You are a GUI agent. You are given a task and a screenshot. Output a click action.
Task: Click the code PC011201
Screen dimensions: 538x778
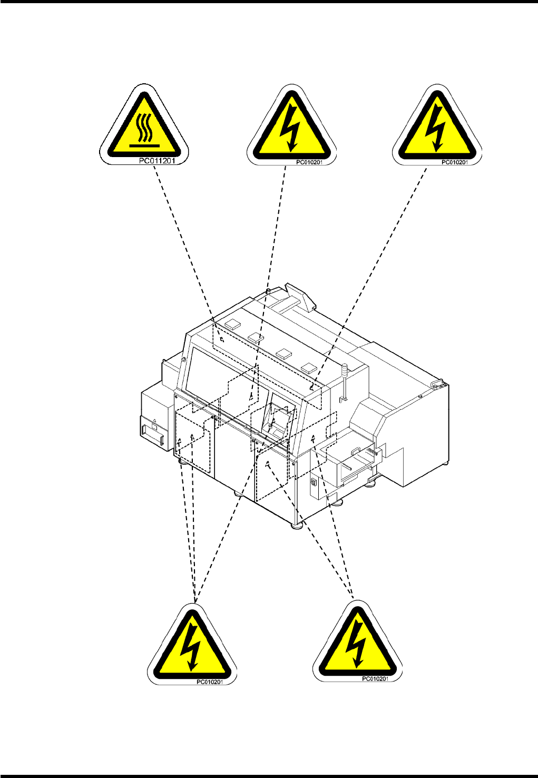(x=156, y=160)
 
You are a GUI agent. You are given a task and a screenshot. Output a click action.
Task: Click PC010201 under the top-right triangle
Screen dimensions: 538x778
(x=454, y=162)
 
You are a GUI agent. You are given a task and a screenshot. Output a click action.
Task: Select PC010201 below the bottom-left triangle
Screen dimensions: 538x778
(x=210, y=682)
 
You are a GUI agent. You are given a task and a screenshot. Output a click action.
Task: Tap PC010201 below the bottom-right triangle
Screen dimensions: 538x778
(x=375, y=679)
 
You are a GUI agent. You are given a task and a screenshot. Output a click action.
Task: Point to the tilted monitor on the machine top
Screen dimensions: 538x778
(x=300, y=296)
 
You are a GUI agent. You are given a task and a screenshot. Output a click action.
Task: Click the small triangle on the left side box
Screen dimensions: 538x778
(x=154, y=422)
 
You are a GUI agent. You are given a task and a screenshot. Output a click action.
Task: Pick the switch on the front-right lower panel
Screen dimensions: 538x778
(x=313, y=482)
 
